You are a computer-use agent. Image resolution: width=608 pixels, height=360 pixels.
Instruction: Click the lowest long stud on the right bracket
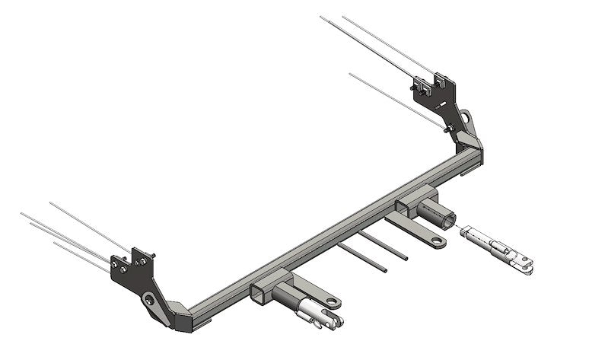coord(396,99)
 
